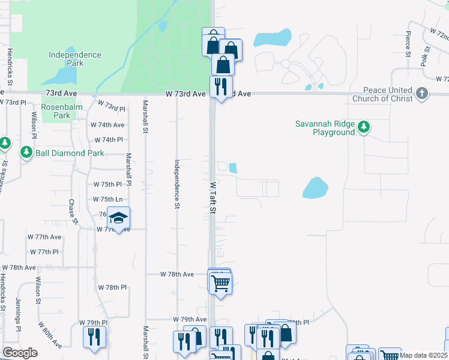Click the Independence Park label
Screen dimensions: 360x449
click(75, 59)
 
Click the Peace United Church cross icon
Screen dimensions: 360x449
click(423, 93)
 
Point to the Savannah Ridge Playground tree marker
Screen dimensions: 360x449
click(363, 127)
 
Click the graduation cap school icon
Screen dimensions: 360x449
click(119, 218)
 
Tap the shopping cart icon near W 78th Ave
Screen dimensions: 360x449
click(221, 283)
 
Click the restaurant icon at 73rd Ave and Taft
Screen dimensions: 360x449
click(221, 87)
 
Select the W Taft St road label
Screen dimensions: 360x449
click(212, 197)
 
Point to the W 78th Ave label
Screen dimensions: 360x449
click(177, 274)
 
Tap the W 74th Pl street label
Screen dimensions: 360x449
click(107, 140)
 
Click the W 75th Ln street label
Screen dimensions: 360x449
click(107, 199)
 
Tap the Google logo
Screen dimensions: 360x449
click(20, 353)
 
